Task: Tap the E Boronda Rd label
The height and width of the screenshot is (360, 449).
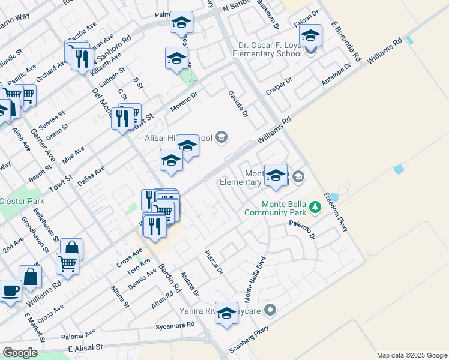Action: click(345, 43)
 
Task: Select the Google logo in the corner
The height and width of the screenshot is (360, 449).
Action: click(20, 353)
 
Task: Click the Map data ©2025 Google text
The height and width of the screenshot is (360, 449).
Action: click(411, 355)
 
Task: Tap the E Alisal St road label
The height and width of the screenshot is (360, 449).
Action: click(85, 347)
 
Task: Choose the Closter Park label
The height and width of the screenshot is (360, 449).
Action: click(20, 200)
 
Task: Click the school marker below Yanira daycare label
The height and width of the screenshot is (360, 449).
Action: click(226, 314)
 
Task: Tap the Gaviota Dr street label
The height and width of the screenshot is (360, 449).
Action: click(238, 104)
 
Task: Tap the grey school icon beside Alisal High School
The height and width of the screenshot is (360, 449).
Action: click(221, 138)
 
